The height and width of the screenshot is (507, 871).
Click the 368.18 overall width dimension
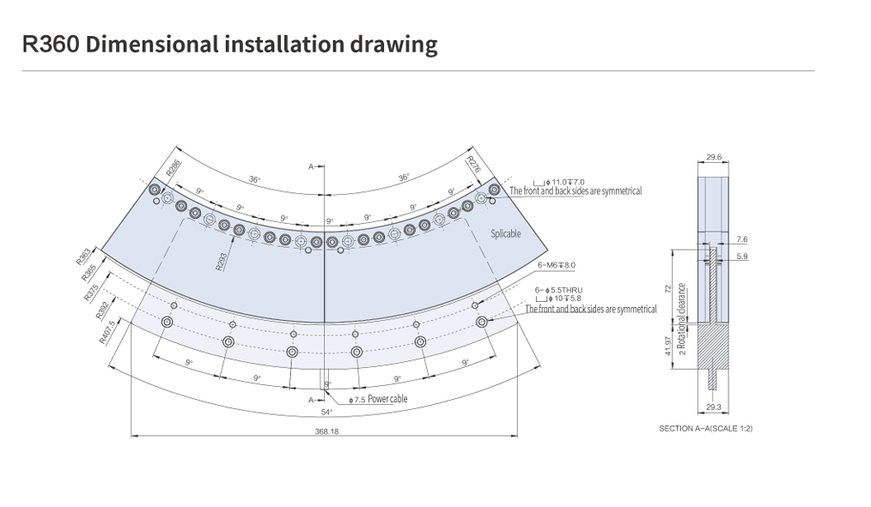tap(327, 432)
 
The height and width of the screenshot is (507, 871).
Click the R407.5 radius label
tap(107, 331)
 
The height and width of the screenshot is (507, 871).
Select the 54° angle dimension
tap(326, 413)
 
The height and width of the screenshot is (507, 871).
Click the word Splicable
tap(506, 233)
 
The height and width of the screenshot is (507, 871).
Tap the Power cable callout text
tap(387, 399)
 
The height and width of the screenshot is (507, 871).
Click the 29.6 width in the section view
tap(714, 157)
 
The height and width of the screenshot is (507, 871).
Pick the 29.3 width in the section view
tap(712, 407)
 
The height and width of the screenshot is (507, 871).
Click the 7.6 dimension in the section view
tap(742, 239)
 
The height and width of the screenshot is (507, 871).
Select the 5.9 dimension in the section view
tap(742, 256)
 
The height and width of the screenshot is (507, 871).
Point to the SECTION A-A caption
tap(705, 427)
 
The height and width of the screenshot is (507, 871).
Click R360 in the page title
tap(52, 45)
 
